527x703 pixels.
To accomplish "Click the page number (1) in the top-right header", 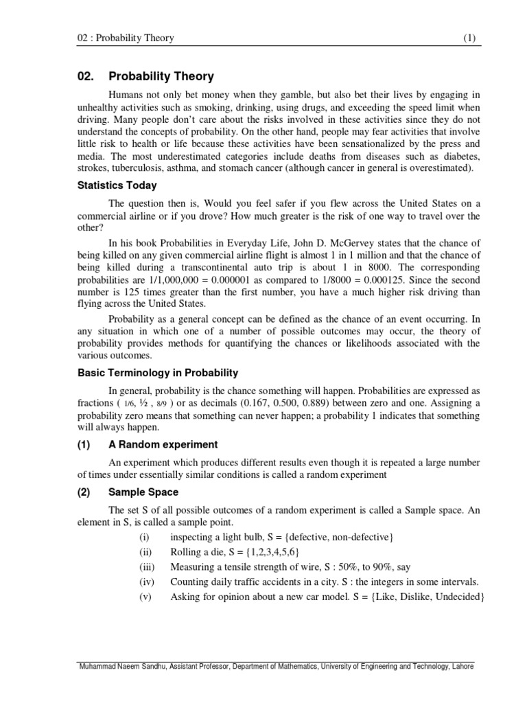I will tap(469, 38).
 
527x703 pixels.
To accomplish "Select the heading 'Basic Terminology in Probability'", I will tap(157, 373).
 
